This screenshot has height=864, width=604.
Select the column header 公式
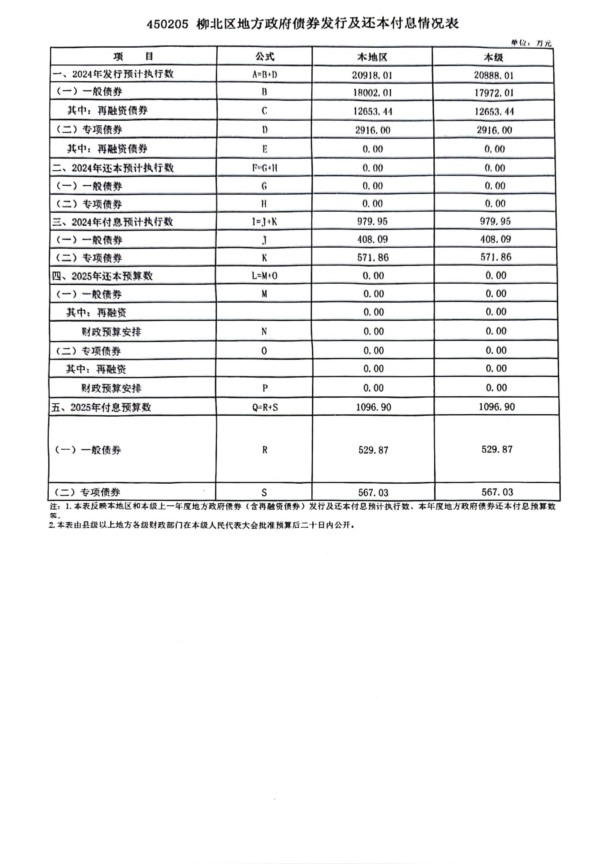coord(265,57)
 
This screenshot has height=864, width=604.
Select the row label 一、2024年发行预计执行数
coord(113,74)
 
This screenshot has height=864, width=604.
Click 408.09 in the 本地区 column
coord(372,239)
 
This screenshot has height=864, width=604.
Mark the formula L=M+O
coord(264,276)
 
